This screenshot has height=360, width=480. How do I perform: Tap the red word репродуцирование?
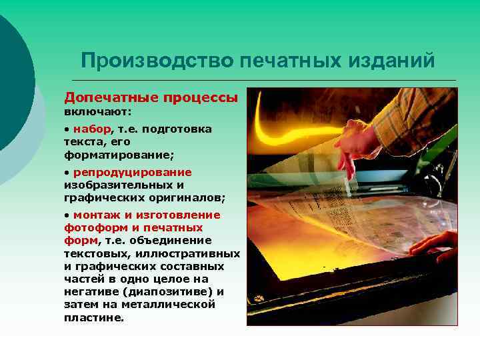(132, 173)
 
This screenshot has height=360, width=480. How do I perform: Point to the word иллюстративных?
(188, 253)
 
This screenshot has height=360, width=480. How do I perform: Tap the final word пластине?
(94, 317)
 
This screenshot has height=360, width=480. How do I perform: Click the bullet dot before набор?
(67, 129)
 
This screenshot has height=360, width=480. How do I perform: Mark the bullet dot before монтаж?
(67, 215)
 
